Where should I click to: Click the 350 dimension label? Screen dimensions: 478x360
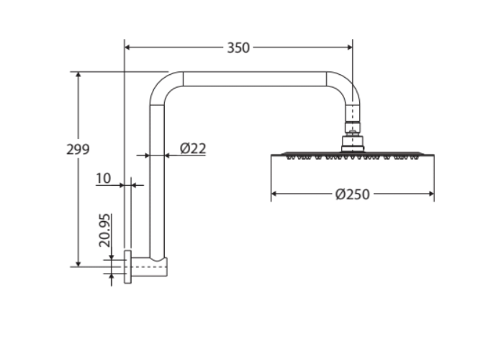238,48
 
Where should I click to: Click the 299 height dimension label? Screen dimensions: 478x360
78,149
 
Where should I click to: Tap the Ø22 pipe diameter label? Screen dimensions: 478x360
193,148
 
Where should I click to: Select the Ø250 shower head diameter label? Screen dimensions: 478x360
353,194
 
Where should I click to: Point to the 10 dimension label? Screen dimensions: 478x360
104,179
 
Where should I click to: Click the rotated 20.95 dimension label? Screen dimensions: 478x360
104,230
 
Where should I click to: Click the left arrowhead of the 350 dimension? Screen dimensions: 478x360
127,48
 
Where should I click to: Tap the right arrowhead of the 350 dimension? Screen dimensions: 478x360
349,48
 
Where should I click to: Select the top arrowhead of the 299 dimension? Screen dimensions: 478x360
78,75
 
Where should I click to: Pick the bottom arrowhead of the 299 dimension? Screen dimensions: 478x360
78,264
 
